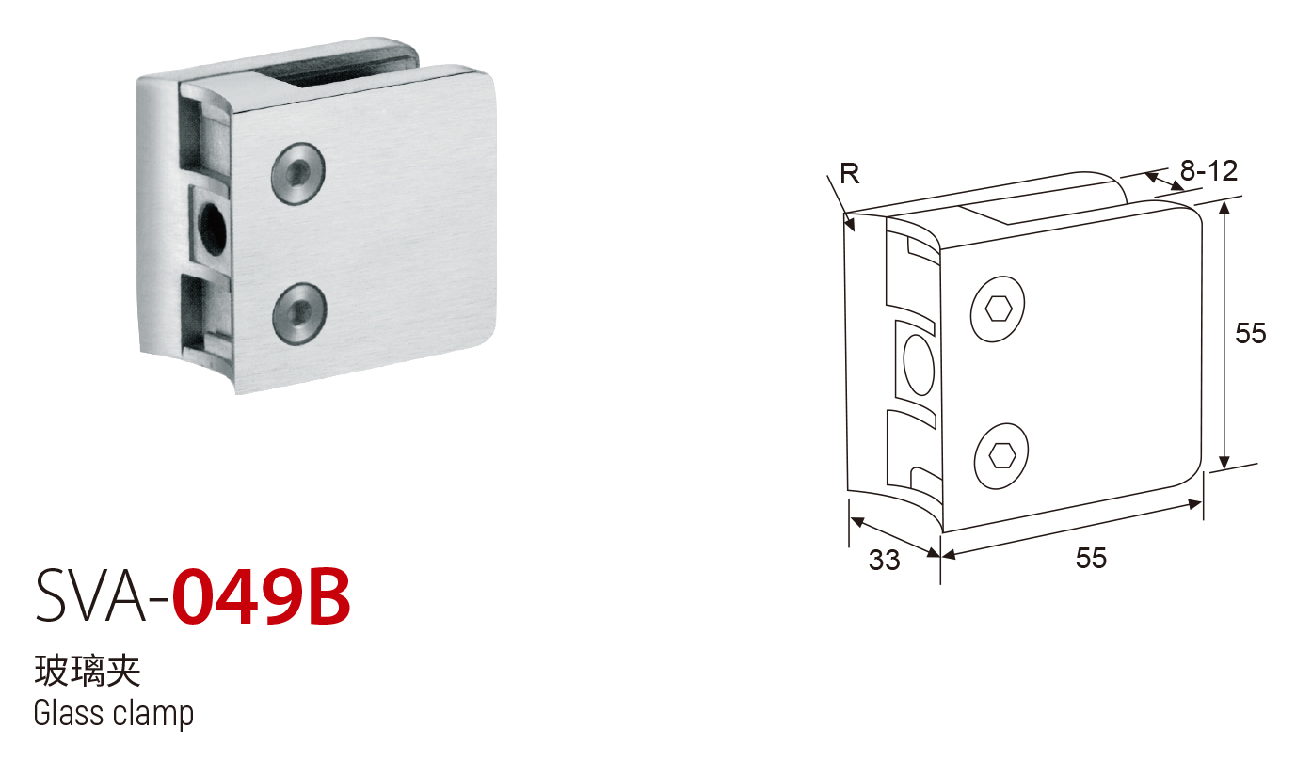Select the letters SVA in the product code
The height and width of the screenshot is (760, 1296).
tap(91, 596)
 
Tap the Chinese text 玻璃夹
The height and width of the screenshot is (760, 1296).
tap(88, 672)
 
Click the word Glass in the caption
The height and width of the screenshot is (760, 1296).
tap(70, 713)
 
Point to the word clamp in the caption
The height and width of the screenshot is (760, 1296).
tap(153, 716)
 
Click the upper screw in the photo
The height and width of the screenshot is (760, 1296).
tap(298, 173)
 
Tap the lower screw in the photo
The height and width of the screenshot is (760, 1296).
tap(299, 313)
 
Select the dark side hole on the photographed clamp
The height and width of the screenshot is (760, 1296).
tap(212, 230)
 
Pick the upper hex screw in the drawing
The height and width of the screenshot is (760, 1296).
tap(998, 309)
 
